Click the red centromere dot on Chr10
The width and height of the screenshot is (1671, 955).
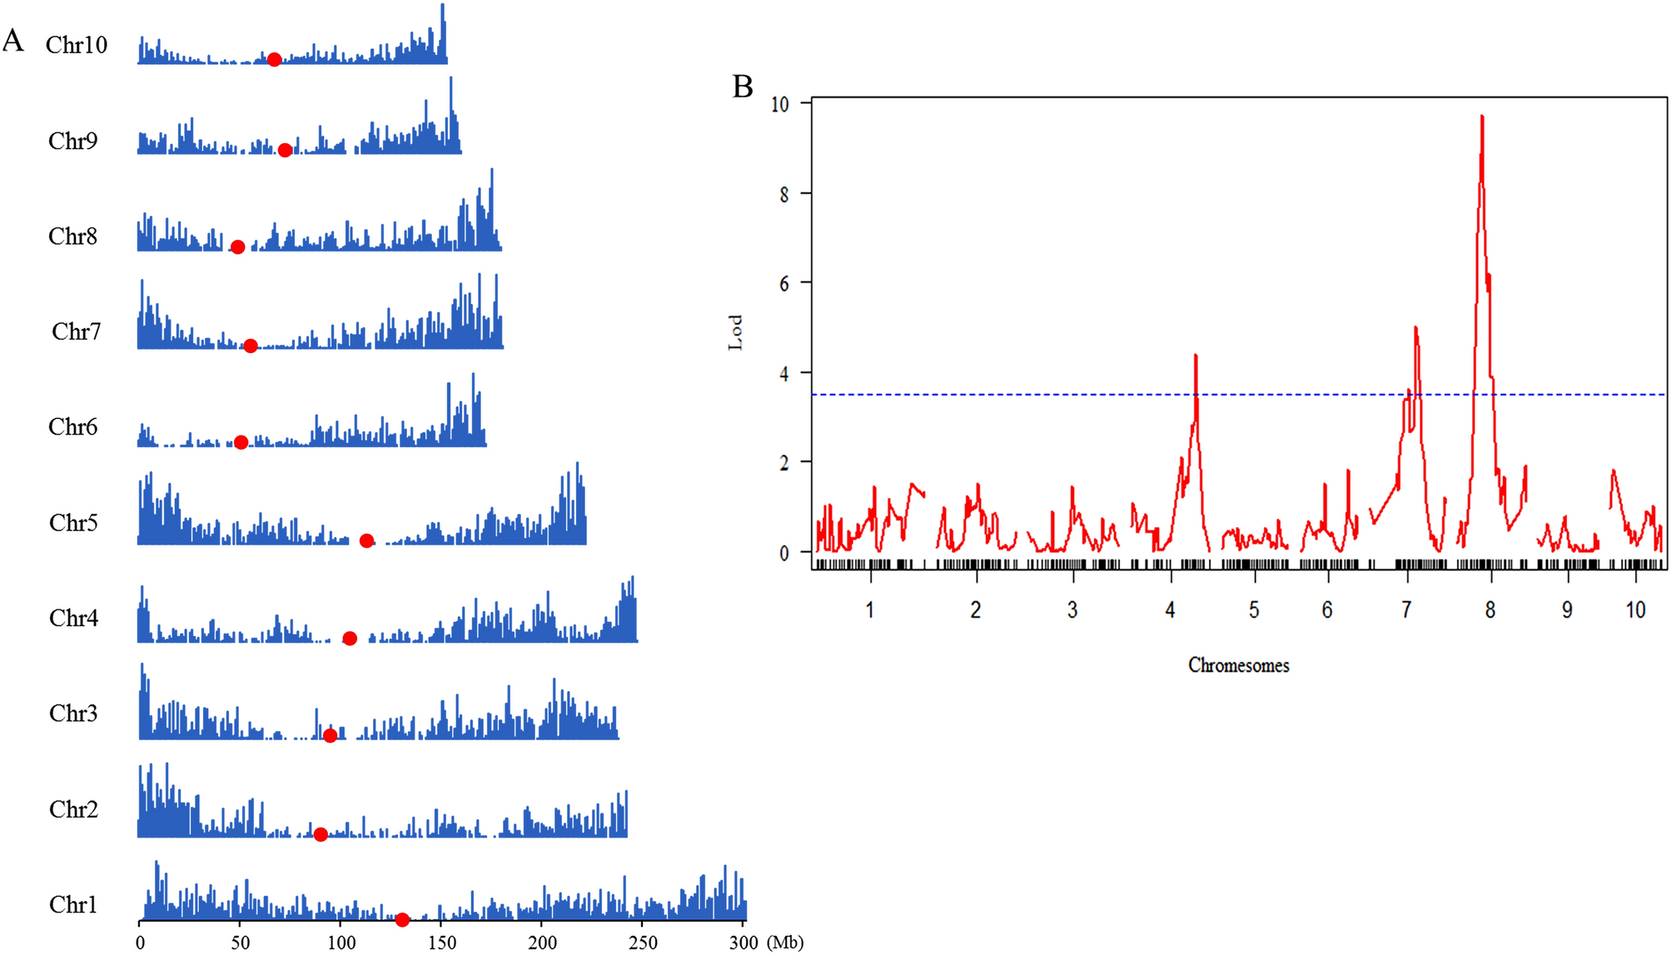(274, 59)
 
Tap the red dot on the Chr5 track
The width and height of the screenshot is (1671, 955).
(366, 541)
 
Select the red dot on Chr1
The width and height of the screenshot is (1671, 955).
(402, 920)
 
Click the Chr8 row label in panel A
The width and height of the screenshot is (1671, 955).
(72, 236)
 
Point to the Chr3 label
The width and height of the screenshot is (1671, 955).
(73, 714)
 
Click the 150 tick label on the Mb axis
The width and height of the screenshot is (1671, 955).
(442, 943)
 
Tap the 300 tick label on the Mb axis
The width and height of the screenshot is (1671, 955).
(743, 943)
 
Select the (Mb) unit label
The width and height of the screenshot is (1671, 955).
(784, 943)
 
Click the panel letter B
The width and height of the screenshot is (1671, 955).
(743, 87)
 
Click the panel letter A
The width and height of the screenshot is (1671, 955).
(13, 41)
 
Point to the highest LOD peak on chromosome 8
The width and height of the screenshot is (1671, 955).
(1482, 117)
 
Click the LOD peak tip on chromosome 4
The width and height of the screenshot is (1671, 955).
(1196, 356)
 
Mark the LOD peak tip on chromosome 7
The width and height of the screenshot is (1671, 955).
(1415, 328)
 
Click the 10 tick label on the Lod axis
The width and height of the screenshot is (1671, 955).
(780, 104)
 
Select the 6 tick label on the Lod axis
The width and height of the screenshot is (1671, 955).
(784, 284)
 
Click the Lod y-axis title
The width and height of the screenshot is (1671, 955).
(735, 332)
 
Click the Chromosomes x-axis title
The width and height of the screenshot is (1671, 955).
(1238, 665)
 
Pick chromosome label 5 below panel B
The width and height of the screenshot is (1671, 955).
(1254, 610)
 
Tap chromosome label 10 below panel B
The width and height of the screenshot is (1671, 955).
(1635, 610)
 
